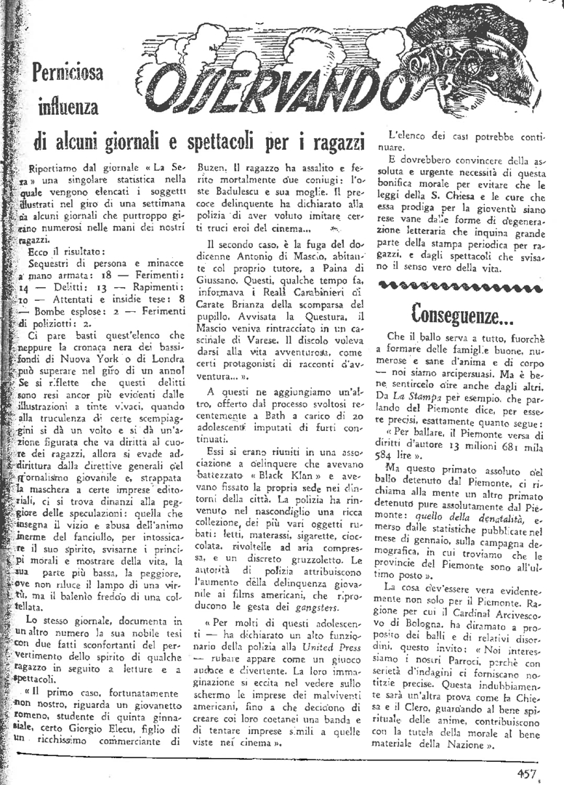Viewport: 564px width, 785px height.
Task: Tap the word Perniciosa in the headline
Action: tap(68, 73)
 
